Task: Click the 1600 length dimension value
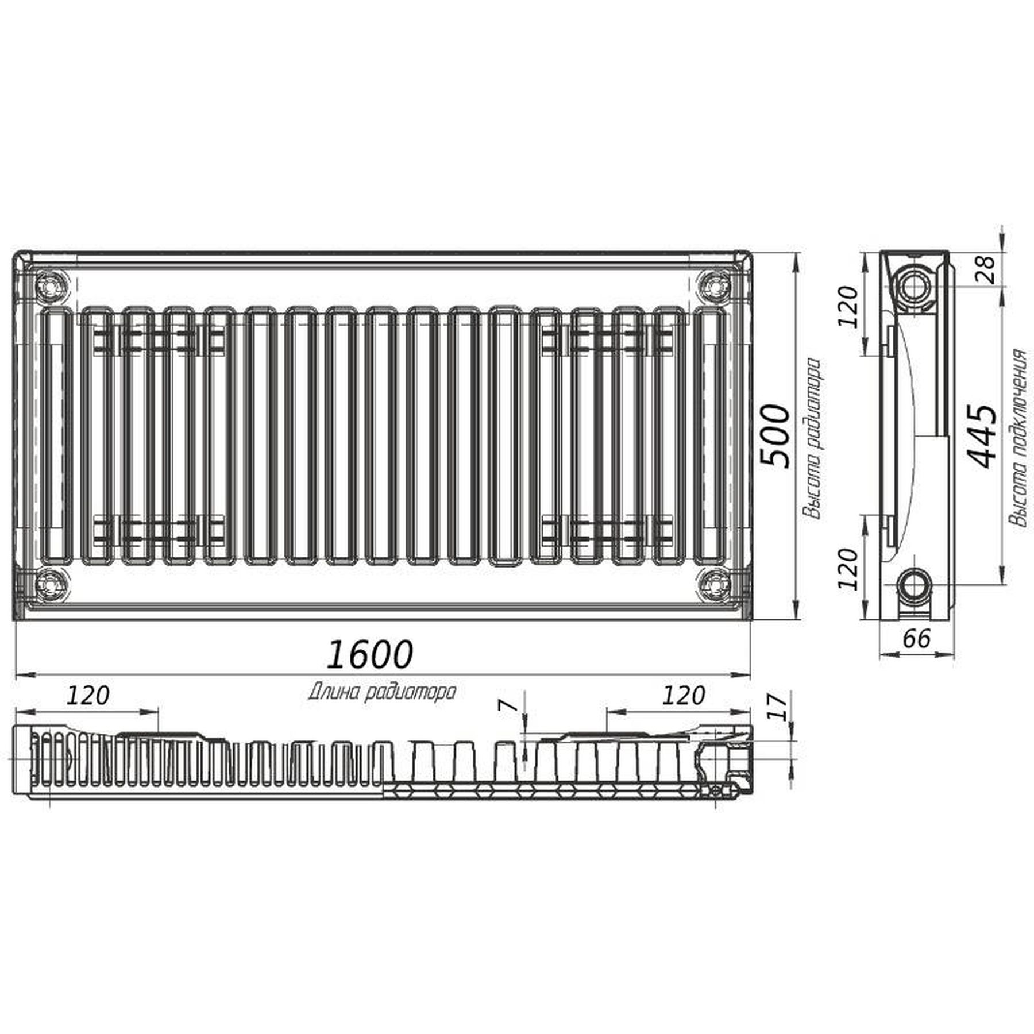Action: click(x=369, y=654)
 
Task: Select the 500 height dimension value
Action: click(x=774, y=437)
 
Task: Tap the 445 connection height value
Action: click(x=981, y=437)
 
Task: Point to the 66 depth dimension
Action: click(x=916, y=638)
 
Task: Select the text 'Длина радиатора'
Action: click(x=382, y=692)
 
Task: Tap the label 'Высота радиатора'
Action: click(x=812, y=439)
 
